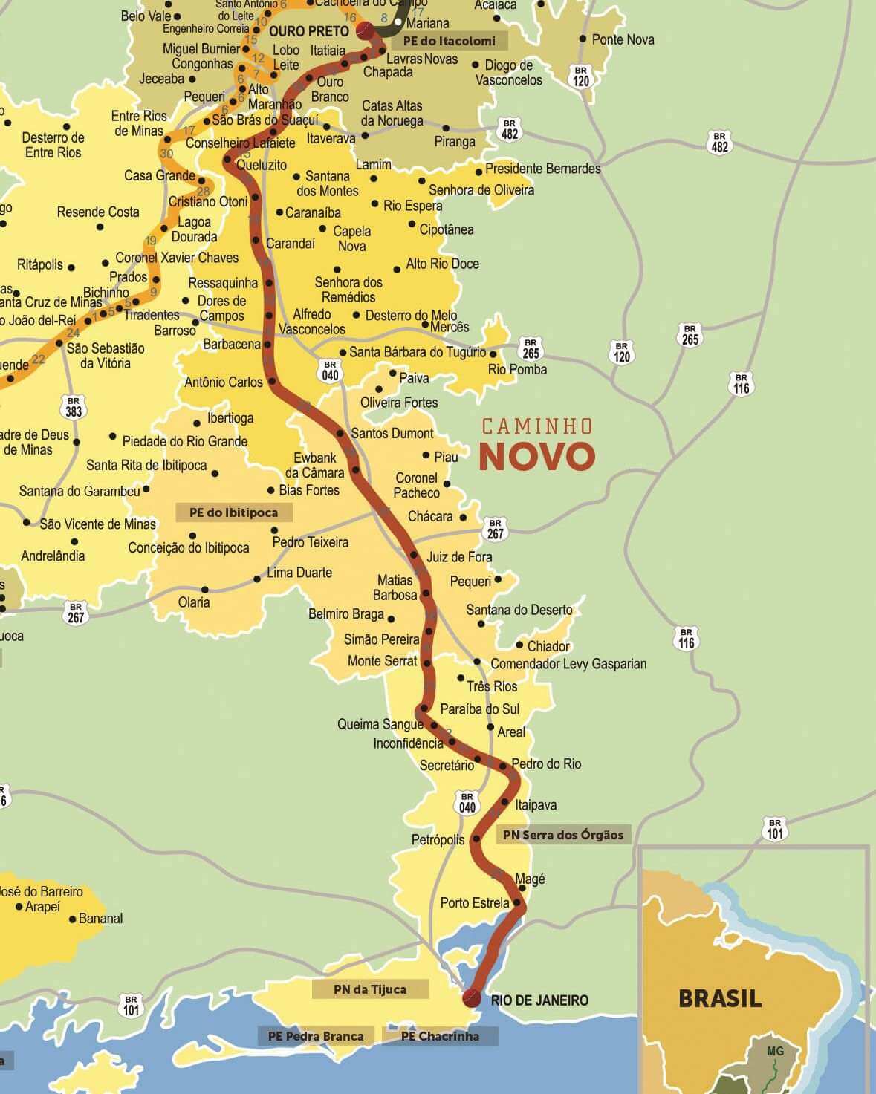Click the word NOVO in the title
(536, 457)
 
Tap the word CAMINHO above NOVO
(536, 426)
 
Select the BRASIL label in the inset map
(719, 998)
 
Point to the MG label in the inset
(775, 1051)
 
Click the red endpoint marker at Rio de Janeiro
(471, 998)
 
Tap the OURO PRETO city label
(308, 31)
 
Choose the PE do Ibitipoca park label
(233, 512)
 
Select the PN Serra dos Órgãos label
(563, 835)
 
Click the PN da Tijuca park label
(370, 989)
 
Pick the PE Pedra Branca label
(316, 1036)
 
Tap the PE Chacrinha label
(440, 1036)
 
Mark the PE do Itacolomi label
(449, 41)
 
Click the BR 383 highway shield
(74, 406)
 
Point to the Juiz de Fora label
(459, 557)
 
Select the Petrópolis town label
(438, 839)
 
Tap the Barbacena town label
(232, 345)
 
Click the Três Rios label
(492, 686)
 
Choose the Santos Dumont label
(392, 433)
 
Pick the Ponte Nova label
(623, 39)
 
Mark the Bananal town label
(100, 919)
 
